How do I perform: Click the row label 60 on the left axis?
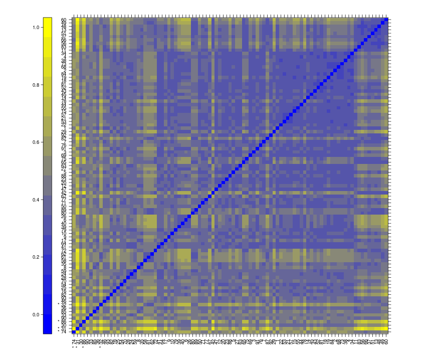pos(64,20)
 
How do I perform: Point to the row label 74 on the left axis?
pos(64,331)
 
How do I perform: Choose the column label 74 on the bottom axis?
pos(74,341)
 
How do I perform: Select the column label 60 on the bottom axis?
pos(386,341)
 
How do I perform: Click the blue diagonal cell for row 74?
pos(74,331)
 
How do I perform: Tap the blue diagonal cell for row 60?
pos(386,20)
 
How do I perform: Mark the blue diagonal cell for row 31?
pos(77,328)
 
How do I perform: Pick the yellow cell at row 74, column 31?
pos(77,331)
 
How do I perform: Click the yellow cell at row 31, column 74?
pos(74,328)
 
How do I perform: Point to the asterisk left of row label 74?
pos(58,331)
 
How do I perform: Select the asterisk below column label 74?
pos(74,347)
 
